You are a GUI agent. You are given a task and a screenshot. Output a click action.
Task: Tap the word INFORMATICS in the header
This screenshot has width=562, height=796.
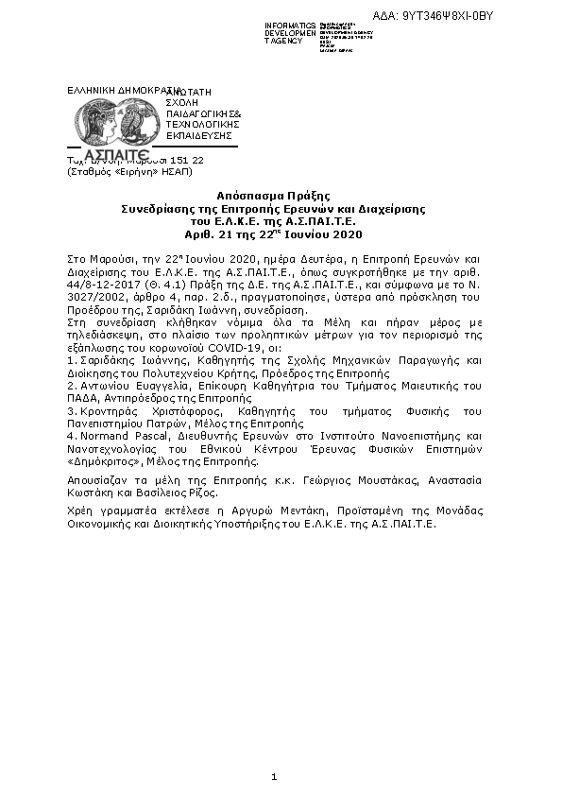point(291,23)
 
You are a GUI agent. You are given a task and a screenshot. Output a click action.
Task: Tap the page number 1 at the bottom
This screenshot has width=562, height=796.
point(273,777)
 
